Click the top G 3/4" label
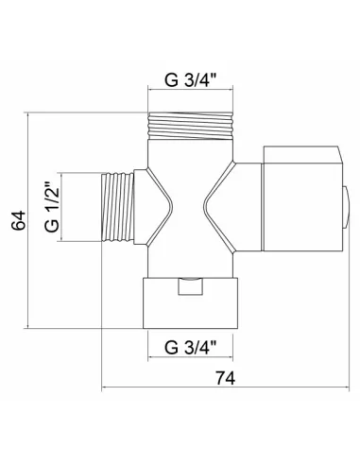point(190,80)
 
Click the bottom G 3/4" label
point(190,348)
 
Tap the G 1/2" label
point(52,207)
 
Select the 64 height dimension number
point(19,220)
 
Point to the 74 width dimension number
point(225,378)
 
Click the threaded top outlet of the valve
point(190,126)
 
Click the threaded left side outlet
point(118,207)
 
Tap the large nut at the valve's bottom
point(190,302)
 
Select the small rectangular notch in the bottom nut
point(190,286)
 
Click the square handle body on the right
point(302,207)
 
